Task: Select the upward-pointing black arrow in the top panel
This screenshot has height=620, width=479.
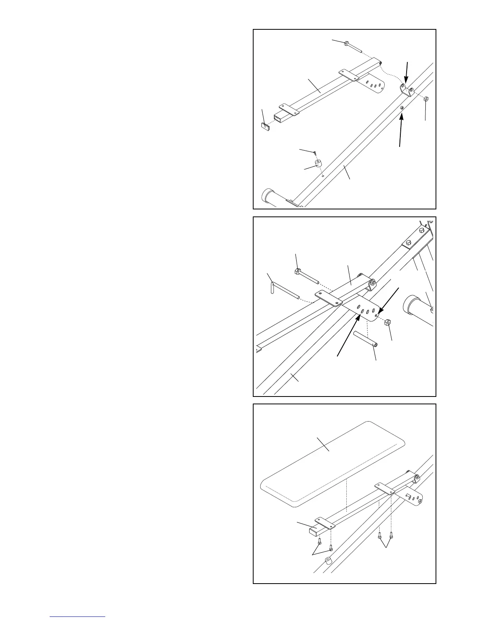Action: [x=402, y=130]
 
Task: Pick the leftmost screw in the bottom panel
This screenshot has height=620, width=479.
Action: [x=320, y=541]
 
